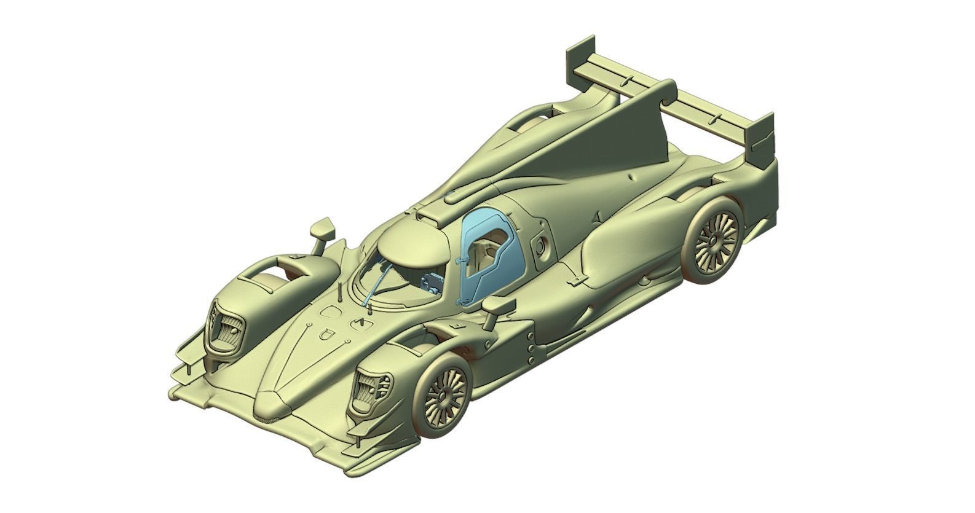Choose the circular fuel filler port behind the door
click(x=540, y=246)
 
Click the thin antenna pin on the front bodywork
click(x=340, y=294)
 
